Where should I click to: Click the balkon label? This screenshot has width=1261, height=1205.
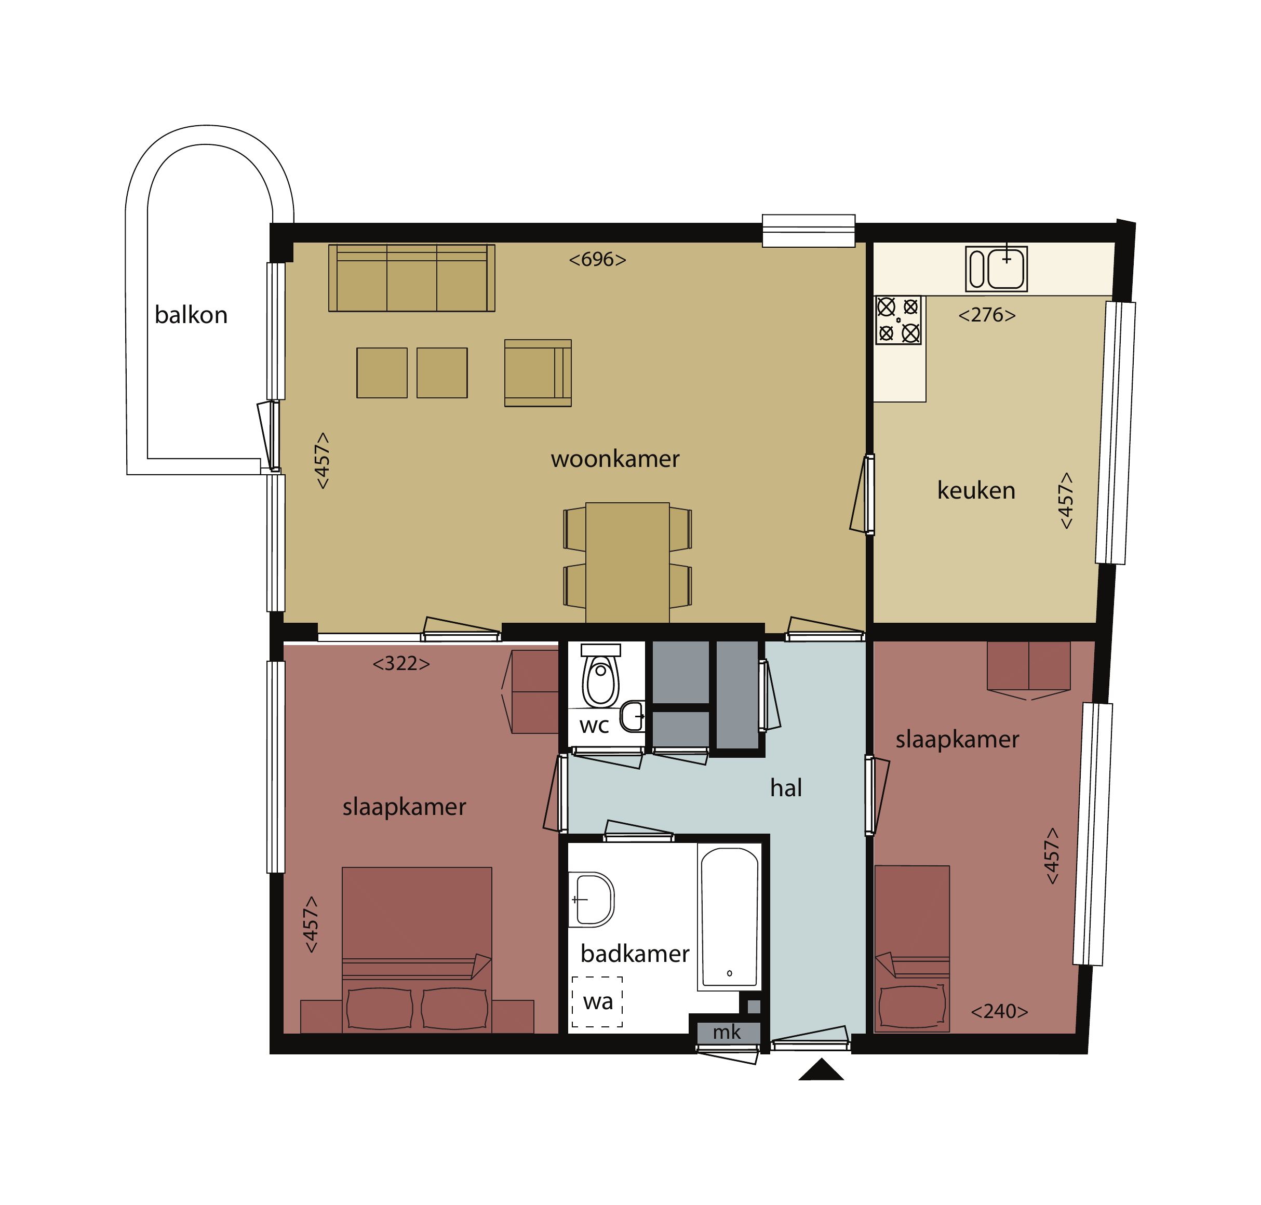[x=191, y=315]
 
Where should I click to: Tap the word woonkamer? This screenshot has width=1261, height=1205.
[x=615, y=459]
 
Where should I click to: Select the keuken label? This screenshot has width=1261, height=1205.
[x=976, y=490]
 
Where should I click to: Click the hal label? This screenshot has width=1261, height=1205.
[x=786, y=787]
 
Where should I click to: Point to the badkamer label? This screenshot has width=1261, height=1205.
[x=635, y=953]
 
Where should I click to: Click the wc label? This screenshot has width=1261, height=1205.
[x=594, y=726]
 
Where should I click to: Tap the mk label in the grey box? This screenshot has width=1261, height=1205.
[x=727, y=1032]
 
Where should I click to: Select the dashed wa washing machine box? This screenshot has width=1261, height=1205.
[x=597, y=1001]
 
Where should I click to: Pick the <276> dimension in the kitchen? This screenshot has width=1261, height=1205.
[x=987, y=315]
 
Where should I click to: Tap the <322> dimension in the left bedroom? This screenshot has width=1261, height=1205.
[x=401, y=663]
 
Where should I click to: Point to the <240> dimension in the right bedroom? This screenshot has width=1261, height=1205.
[x=999, y=1011]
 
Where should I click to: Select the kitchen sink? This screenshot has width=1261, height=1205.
[x=996, y=269]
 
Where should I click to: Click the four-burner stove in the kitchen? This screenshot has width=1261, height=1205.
[x=898, y=320]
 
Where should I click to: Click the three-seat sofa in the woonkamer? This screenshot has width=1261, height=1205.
[x=412, y=278]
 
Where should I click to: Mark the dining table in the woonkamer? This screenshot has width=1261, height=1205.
[x=627, y=563]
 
